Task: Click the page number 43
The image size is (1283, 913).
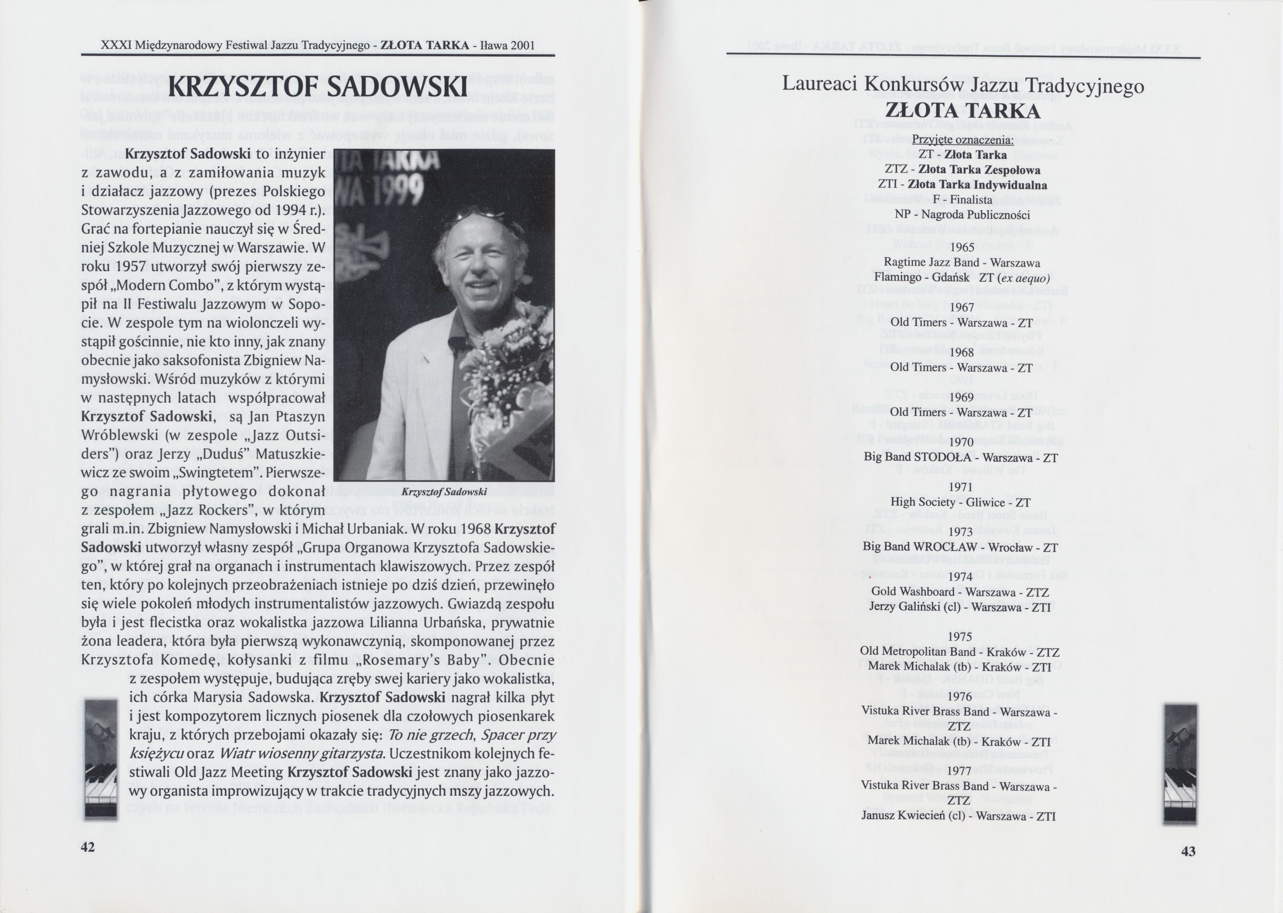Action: tap(1188, 851)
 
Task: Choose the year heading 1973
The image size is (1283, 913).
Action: tap(960, 532)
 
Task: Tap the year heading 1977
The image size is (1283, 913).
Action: tap(960, 771)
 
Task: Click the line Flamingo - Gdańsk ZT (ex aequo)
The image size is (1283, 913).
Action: tap(962, 278)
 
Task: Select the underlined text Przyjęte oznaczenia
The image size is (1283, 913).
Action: tap(962, 139)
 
